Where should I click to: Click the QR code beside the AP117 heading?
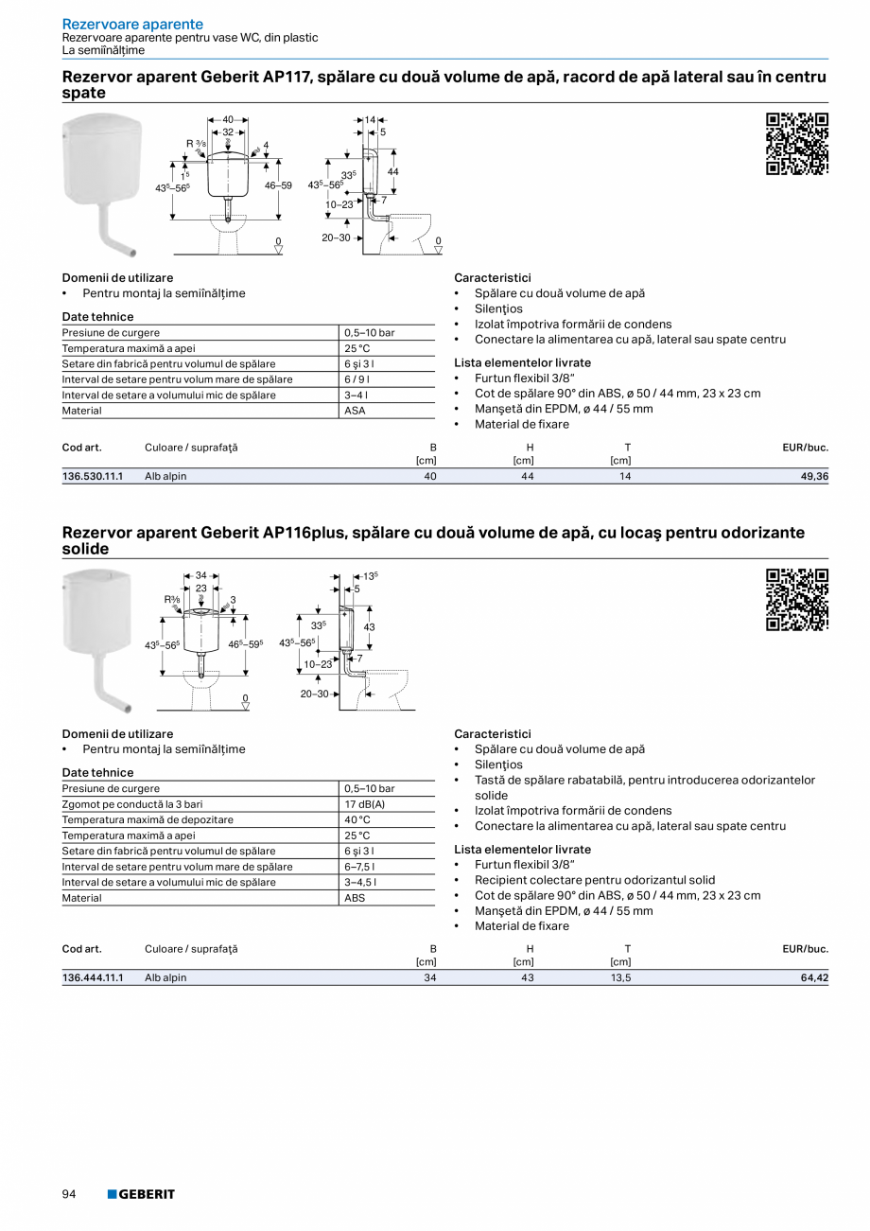click(796, 144)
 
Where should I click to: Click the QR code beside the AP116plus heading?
click(796, 600)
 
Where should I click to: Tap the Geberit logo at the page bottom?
click(141, 1194)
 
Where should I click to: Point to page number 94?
click(69, 1194)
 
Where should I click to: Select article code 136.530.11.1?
click(93, 476)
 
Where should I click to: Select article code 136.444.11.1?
click(93, 977)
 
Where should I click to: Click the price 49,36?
click(813, 476)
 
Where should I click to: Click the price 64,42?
click(813, 977)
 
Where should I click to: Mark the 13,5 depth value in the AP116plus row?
click(620, 977)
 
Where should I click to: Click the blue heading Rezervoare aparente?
click(132, 24)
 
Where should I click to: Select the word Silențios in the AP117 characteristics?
click(498, 308)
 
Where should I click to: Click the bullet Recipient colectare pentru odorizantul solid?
click(595, 880)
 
